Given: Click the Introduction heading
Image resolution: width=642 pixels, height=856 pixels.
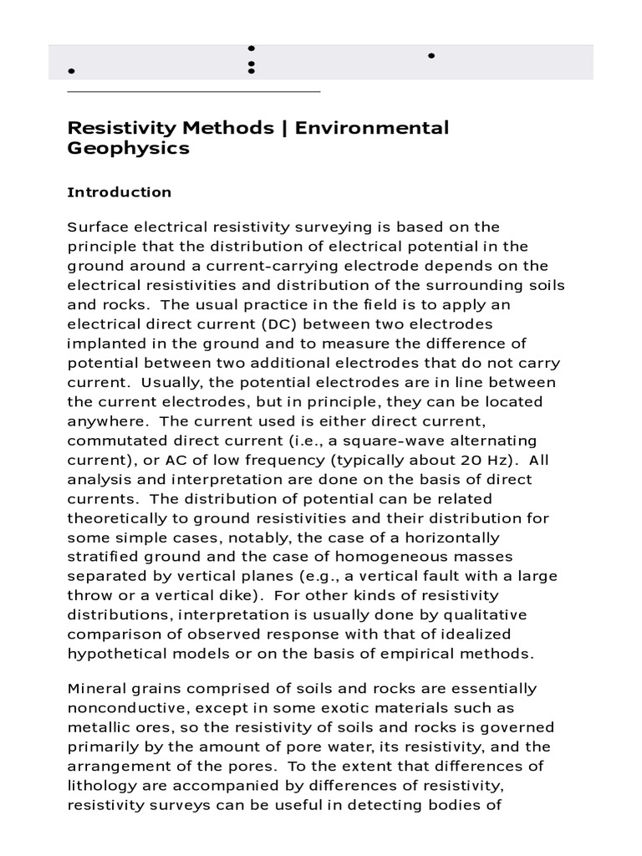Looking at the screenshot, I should (x=119, y=192).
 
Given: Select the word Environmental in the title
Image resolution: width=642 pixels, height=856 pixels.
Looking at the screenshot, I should (x=367, y=128).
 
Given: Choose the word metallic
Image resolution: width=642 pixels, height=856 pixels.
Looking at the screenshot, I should (x=95, y=726).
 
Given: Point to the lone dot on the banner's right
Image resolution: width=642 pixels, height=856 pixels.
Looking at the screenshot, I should (x=431, y=56).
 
